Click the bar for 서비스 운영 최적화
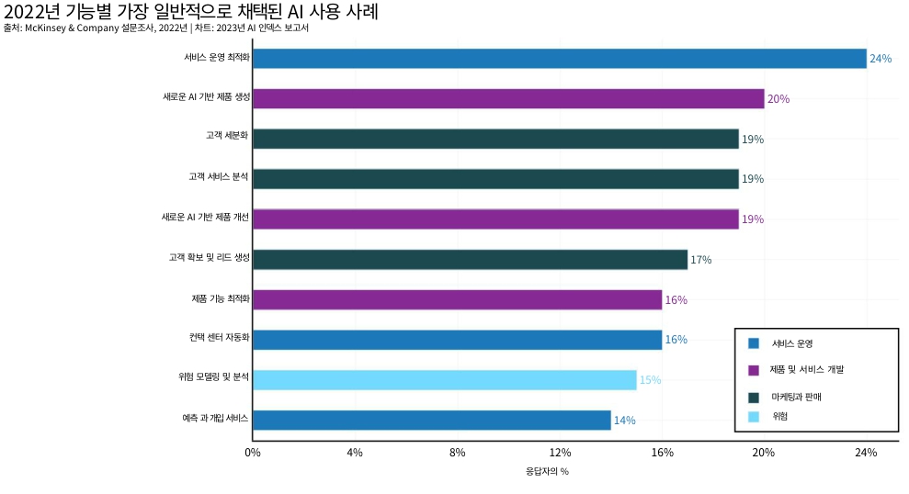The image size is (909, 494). (x=559, y=59)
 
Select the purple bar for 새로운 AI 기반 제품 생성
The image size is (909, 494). (x=508, y=98)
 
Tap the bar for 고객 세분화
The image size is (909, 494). (x=495, y=139)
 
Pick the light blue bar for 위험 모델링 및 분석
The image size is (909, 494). (x=444, y=379)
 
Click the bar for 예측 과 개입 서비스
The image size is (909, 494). (x=431, y=420)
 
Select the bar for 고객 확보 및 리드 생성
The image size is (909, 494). (x=470, y=259)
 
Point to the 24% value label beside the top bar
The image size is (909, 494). (x=881, y=59)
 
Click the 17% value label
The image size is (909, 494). (x=700, y=260)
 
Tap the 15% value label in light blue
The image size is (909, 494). (x=650, y=380)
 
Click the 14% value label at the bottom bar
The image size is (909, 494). (x=624, y=421)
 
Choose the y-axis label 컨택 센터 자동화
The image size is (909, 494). (x=213, y=339)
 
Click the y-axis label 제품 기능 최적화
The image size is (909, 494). (x=221, y=298)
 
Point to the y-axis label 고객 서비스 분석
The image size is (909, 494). (x=219, y=178)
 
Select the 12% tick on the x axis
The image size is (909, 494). (x=560, y=453)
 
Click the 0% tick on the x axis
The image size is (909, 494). (x=253, y=453)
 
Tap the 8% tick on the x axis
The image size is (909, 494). (x=458, y=453)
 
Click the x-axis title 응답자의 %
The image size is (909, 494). (x=547, y=472)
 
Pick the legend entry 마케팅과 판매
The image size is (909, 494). (x=796, y=398)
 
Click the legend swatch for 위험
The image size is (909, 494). (x=754, y=416)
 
